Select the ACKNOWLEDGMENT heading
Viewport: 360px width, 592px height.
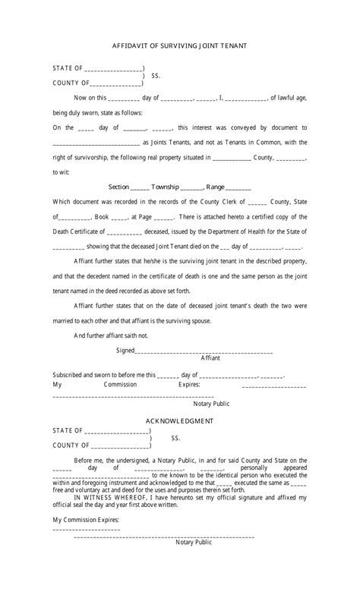179,420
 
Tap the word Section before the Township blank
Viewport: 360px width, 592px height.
118,187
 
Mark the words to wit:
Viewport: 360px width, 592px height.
61,172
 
